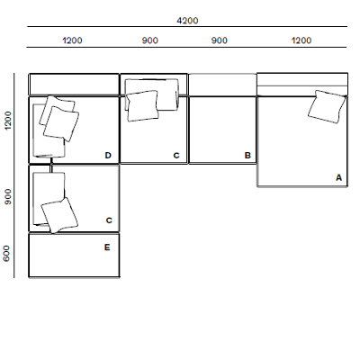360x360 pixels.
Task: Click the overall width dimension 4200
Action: pyautogui.click(x=187, y=20)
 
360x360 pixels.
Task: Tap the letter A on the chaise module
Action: pyautogui.click(x=339, y=178)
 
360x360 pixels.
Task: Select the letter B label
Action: pyautogui.click(x=247, y=156)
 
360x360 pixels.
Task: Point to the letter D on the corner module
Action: pyautogui.click(x=108, y=156)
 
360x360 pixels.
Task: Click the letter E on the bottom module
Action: pyautogui.click(x=107, y=246)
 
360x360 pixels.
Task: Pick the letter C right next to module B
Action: pyautogui.click(x=176, y=156)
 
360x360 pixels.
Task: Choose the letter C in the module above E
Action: pyautogui.click(x=109, y=220)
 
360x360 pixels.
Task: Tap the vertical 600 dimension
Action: pyautogui.click(x=7, y=255)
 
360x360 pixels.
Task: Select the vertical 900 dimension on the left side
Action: pyautogui.click(x=7, y=198)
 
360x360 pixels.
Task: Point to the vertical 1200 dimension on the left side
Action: pyautogui.click(x=7, y=120)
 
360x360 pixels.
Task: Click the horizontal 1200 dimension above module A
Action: pyautogui.click(x=301, y=40)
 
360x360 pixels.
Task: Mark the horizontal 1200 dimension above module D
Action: pyautogui.click(x=73, y=40)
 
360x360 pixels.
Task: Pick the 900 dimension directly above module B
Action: pyautogui.click(x=220, y=40)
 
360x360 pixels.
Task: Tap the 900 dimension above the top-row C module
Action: pyautogui.click(x=152, y=40)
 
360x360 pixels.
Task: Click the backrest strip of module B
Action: pyautogui.click(x=222, y=84)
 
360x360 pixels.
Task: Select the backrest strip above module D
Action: pyautogui.click(x=74, y=84)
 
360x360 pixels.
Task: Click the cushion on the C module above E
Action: pyautogui.click(x=59, y=215)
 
